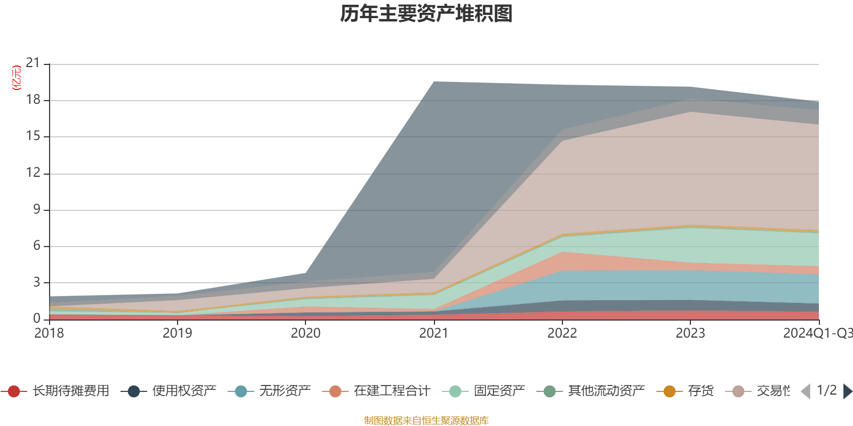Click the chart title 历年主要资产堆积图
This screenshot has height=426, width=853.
426,14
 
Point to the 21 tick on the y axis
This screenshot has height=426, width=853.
33,63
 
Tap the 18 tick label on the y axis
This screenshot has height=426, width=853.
33,100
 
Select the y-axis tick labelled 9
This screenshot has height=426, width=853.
36,209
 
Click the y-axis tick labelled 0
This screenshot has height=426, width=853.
36,318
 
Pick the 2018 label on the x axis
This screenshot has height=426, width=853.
49,333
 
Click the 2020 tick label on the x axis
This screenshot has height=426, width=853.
305,333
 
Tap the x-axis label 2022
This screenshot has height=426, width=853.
562,333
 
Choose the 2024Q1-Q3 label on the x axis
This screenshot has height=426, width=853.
817,333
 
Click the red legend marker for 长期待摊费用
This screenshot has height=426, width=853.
14,391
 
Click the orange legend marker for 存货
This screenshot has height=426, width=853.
670,391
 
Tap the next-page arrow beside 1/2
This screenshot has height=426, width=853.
848,391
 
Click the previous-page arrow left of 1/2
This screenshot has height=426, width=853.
806,391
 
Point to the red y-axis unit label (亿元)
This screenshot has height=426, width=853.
17,78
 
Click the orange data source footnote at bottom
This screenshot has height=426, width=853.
426,421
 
